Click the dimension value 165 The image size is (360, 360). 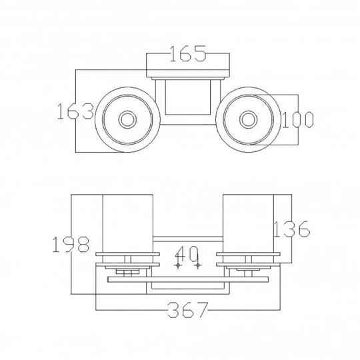click(187, 54)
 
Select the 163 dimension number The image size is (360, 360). click(75, 111)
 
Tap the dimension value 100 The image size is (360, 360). click(297, 119)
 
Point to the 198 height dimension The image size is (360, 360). click(71, 245)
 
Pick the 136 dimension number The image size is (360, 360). click(292, 229)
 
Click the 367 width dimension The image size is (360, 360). click(188, 310)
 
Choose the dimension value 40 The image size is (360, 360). click(187, 254)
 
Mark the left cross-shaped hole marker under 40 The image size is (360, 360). click(178, 265)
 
